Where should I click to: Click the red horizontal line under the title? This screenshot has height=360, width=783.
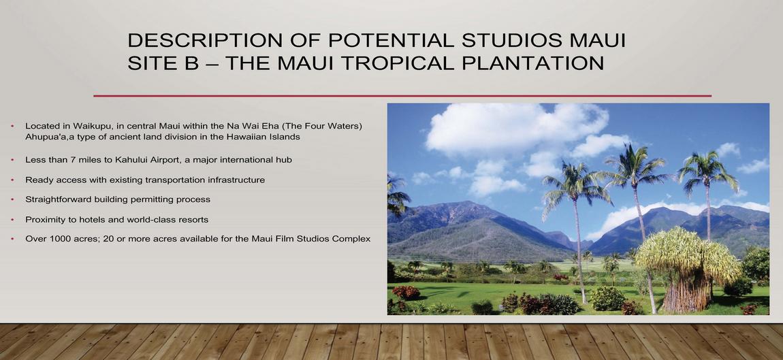(402, 95)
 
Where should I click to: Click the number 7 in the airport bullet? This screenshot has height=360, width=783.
(70, 160)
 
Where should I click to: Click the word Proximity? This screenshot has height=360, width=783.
(43, 219)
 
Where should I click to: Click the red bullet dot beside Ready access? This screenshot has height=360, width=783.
(12, 180)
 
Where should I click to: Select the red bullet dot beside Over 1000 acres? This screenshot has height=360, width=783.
(12, 239)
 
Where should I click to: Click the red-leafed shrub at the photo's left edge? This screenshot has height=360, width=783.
(406, 292)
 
